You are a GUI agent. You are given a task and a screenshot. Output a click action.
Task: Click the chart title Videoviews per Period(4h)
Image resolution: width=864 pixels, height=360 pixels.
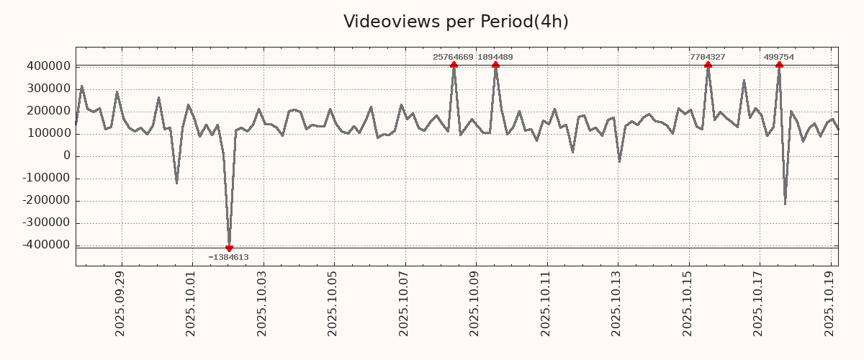[456, 22]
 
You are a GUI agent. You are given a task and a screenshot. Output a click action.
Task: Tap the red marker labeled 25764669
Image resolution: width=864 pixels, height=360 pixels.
[454, 66]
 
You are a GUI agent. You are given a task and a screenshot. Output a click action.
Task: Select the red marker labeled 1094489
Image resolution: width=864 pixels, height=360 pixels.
[496, 66]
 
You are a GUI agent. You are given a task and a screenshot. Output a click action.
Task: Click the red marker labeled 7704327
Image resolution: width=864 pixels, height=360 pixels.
[708, 66]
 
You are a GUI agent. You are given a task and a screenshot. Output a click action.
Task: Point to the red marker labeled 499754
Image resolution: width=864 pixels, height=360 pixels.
[779, 66]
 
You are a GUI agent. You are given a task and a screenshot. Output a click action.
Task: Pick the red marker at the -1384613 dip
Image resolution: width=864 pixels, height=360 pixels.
[229, 248]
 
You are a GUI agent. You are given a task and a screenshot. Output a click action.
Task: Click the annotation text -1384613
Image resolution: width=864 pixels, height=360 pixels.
[229, 257]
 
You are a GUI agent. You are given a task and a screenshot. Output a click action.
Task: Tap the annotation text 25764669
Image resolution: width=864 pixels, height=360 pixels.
[453, 57]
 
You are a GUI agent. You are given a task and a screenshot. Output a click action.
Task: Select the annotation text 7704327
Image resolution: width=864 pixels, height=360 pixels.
[707, 57]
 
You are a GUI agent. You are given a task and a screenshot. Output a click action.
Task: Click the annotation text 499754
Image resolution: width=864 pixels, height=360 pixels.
[779, 57]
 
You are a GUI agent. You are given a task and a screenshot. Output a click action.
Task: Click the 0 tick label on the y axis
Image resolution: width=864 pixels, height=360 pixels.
[66, 156]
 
